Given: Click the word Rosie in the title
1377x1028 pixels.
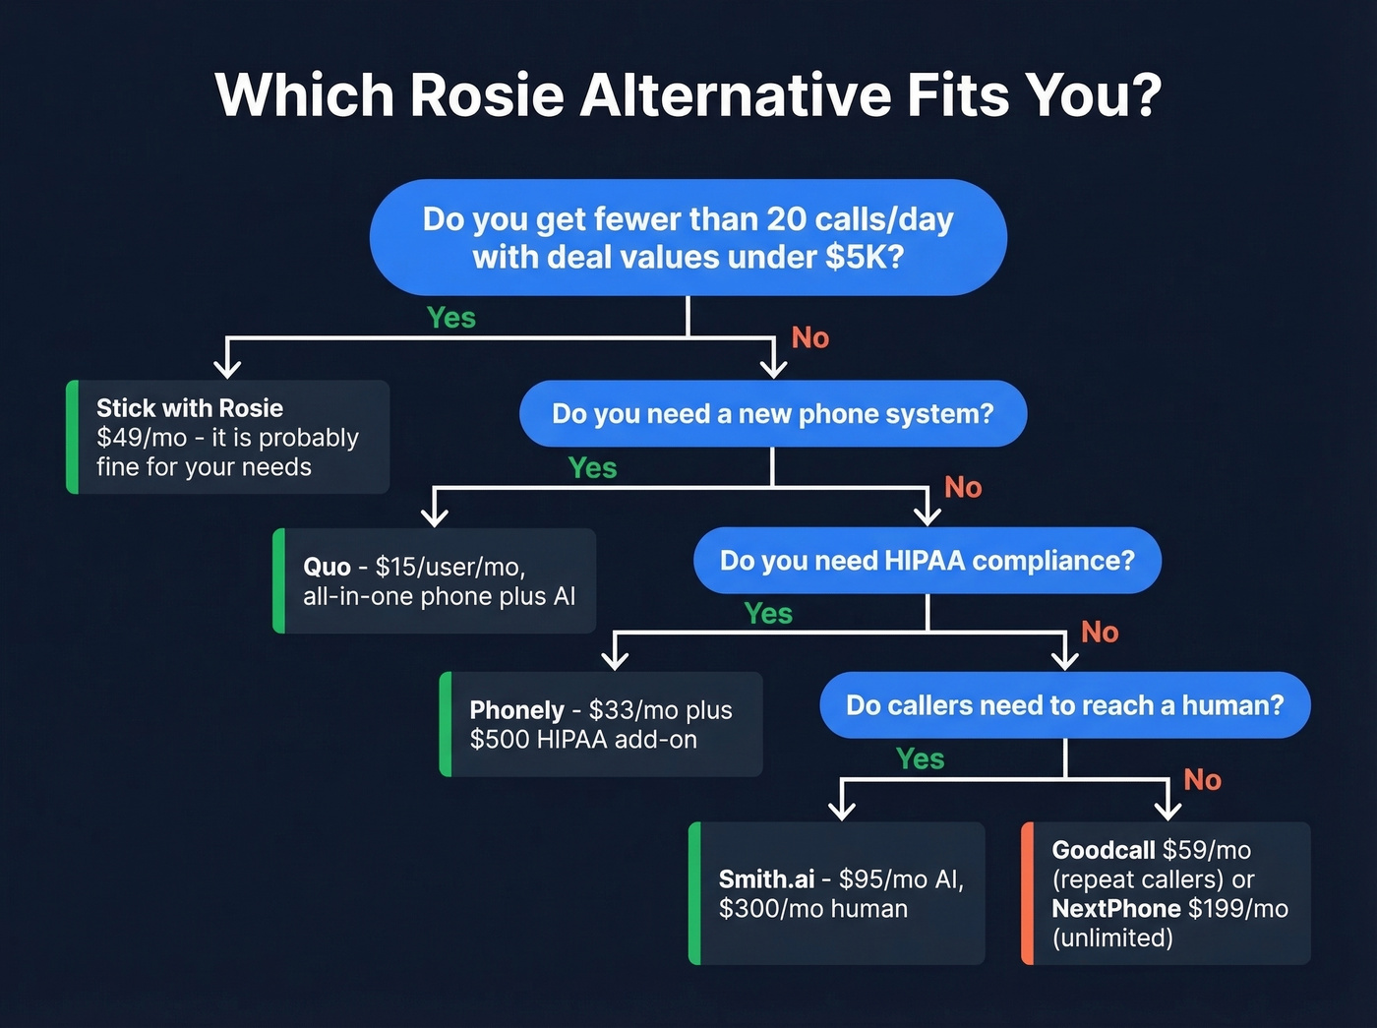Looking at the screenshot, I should [x=486, y=95].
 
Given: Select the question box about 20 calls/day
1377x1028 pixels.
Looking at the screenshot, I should [x=688, y=237].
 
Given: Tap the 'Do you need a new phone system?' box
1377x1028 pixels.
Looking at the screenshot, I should [x=773, y=413].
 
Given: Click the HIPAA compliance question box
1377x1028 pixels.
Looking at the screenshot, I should [x=927, y=561].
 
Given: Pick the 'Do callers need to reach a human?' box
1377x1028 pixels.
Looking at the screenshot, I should [x=1064, y=705].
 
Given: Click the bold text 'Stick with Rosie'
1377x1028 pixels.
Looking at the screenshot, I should [x=190, y=408].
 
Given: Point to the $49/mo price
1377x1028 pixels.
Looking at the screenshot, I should [x=142, y=438].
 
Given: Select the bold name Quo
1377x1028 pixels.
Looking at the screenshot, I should [x=327, y=568].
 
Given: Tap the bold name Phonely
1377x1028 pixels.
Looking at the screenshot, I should [x=516, y=710].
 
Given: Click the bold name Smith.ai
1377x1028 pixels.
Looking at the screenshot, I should [x=766, y=879].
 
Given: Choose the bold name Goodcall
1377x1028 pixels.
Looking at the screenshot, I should [x=1104, y=850].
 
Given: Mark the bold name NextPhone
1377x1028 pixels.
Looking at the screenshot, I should [x=1116, y=909].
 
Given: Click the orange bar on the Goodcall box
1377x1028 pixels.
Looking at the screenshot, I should [x=1028, y=893].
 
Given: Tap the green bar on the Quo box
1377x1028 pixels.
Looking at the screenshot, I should [x=279, y=580].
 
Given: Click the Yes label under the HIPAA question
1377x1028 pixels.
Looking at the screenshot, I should [x=768, y=614].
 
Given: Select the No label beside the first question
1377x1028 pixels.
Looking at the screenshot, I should [x=810, y=338].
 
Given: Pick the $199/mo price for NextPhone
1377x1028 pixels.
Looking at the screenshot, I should [x=1238, y=909].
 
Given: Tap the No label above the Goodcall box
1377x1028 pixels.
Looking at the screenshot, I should [x=1202, y=780].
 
